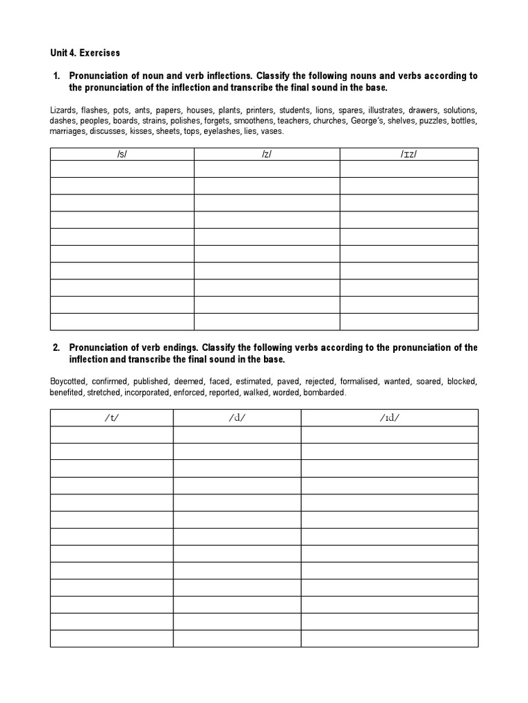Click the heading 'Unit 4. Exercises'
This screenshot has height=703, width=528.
[x=85, y=53]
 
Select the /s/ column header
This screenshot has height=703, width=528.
[x=122, y=154]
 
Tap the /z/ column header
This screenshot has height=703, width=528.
[x=267, y=154]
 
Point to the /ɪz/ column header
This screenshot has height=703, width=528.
[x=409, y=154]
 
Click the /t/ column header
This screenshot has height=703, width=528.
[x=111, y=418]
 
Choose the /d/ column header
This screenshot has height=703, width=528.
[x=237, y=418]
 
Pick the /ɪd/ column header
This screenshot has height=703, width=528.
[x=389, y=418]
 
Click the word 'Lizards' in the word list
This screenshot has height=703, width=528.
[x=63, y=110]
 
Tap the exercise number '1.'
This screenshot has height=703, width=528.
[x=56, y=76]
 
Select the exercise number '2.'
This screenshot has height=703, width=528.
[x=56, y=348]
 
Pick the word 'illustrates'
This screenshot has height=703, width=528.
[x=385, y=110]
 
